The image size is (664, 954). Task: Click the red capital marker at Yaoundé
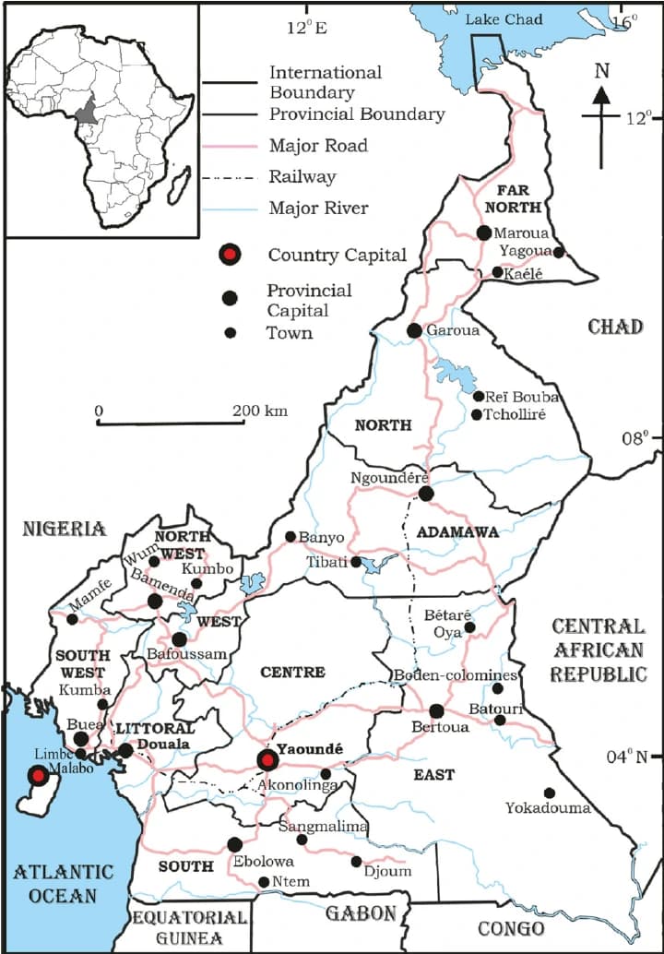coord(267,760)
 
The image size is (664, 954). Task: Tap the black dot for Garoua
coord(414,330)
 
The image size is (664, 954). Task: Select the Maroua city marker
coord(484,233)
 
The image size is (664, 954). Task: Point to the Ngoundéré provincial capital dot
coord(425,494)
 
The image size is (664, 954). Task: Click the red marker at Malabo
coord(36,776)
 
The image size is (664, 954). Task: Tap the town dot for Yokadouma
coord(549,793)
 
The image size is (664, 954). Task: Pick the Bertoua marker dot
coord(436,710)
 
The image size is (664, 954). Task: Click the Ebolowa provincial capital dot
coord(234,843)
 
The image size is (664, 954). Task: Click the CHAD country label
coord(615,327)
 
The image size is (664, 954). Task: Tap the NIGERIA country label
coord(65,529)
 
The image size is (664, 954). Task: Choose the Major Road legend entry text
coord(318,146)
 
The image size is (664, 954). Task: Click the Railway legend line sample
coord(231,177)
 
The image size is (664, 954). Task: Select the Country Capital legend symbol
coord(230,255)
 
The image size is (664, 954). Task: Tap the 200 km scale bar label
coord(260,411)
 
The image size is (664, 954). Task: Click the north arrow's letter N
coord(601,70)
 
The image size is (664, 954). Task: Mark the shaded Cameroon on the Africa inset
coord(87,110)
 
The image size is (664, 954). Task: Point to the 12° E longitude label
coord(306,28)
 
